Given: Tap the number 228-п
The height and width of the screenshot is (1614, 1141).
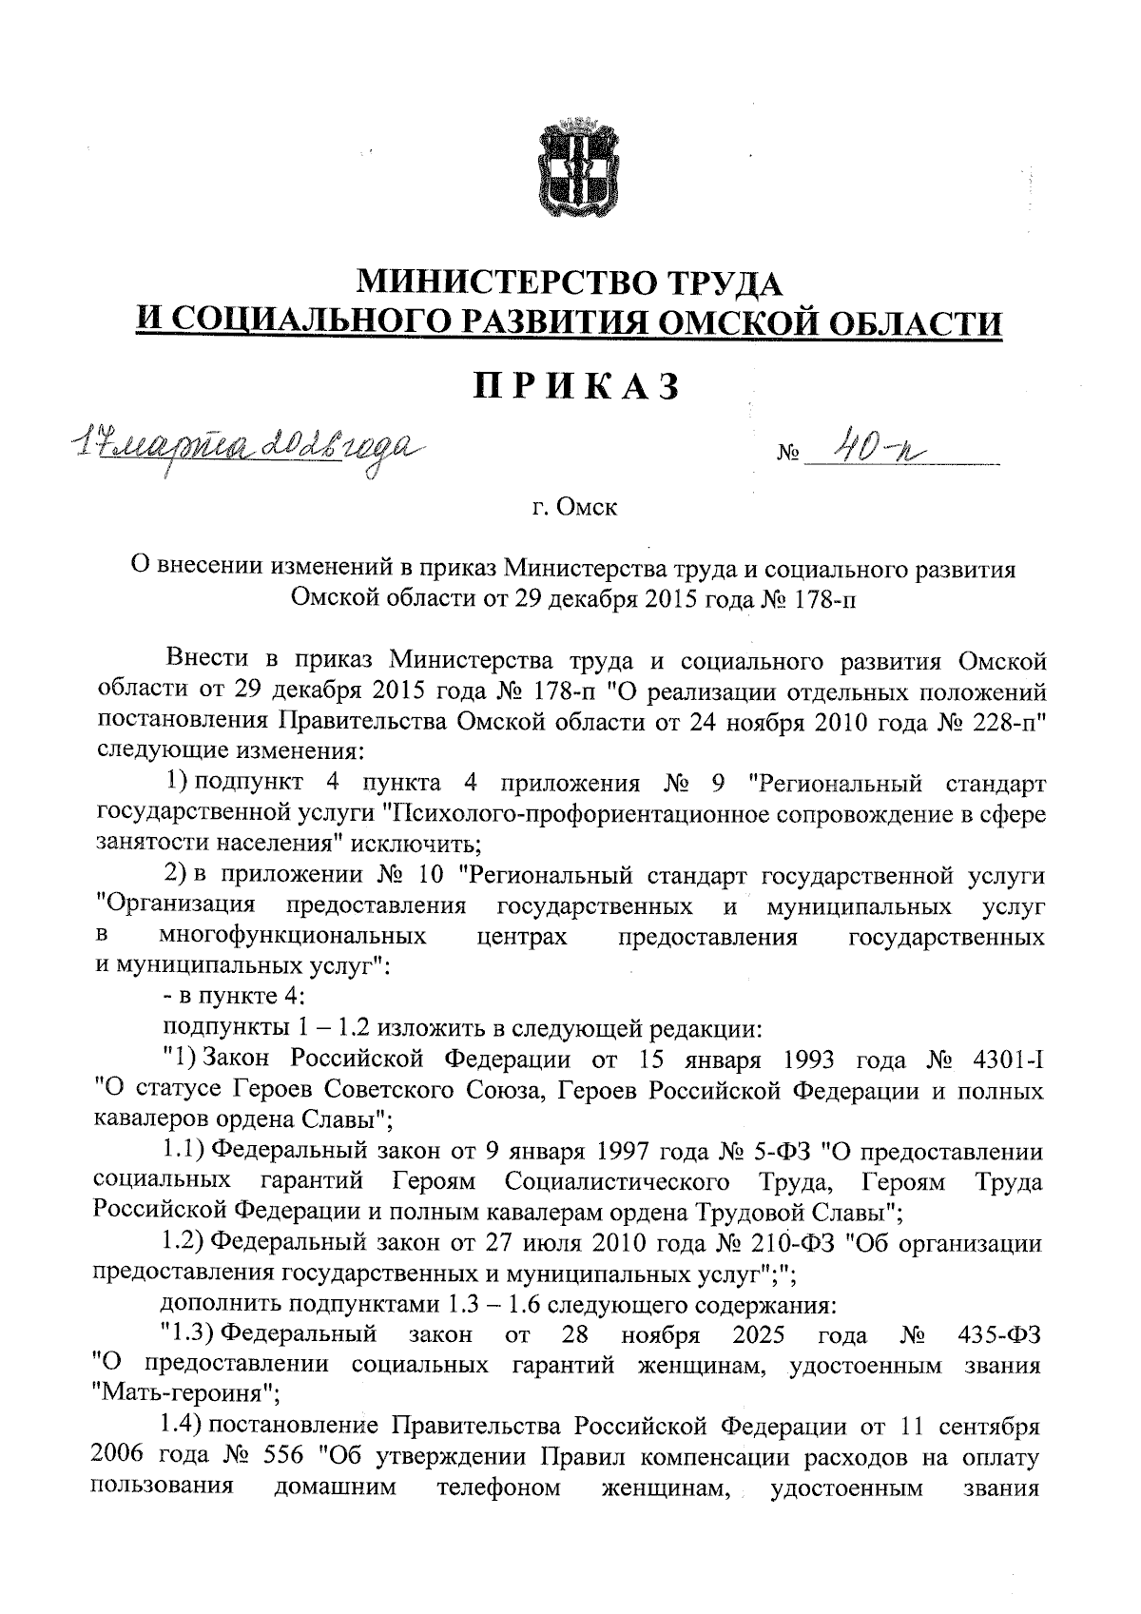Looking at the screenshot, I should pyautogui.click(x=1006, y=720).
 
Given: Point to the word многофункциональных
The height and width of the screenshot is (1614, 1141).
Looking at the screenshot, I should pyautogui.click(x=293, y=937).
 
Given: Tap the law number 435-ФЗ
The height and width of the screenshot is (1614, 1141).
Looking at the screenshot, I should pyautogui.click(x=1001, y=1335).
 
